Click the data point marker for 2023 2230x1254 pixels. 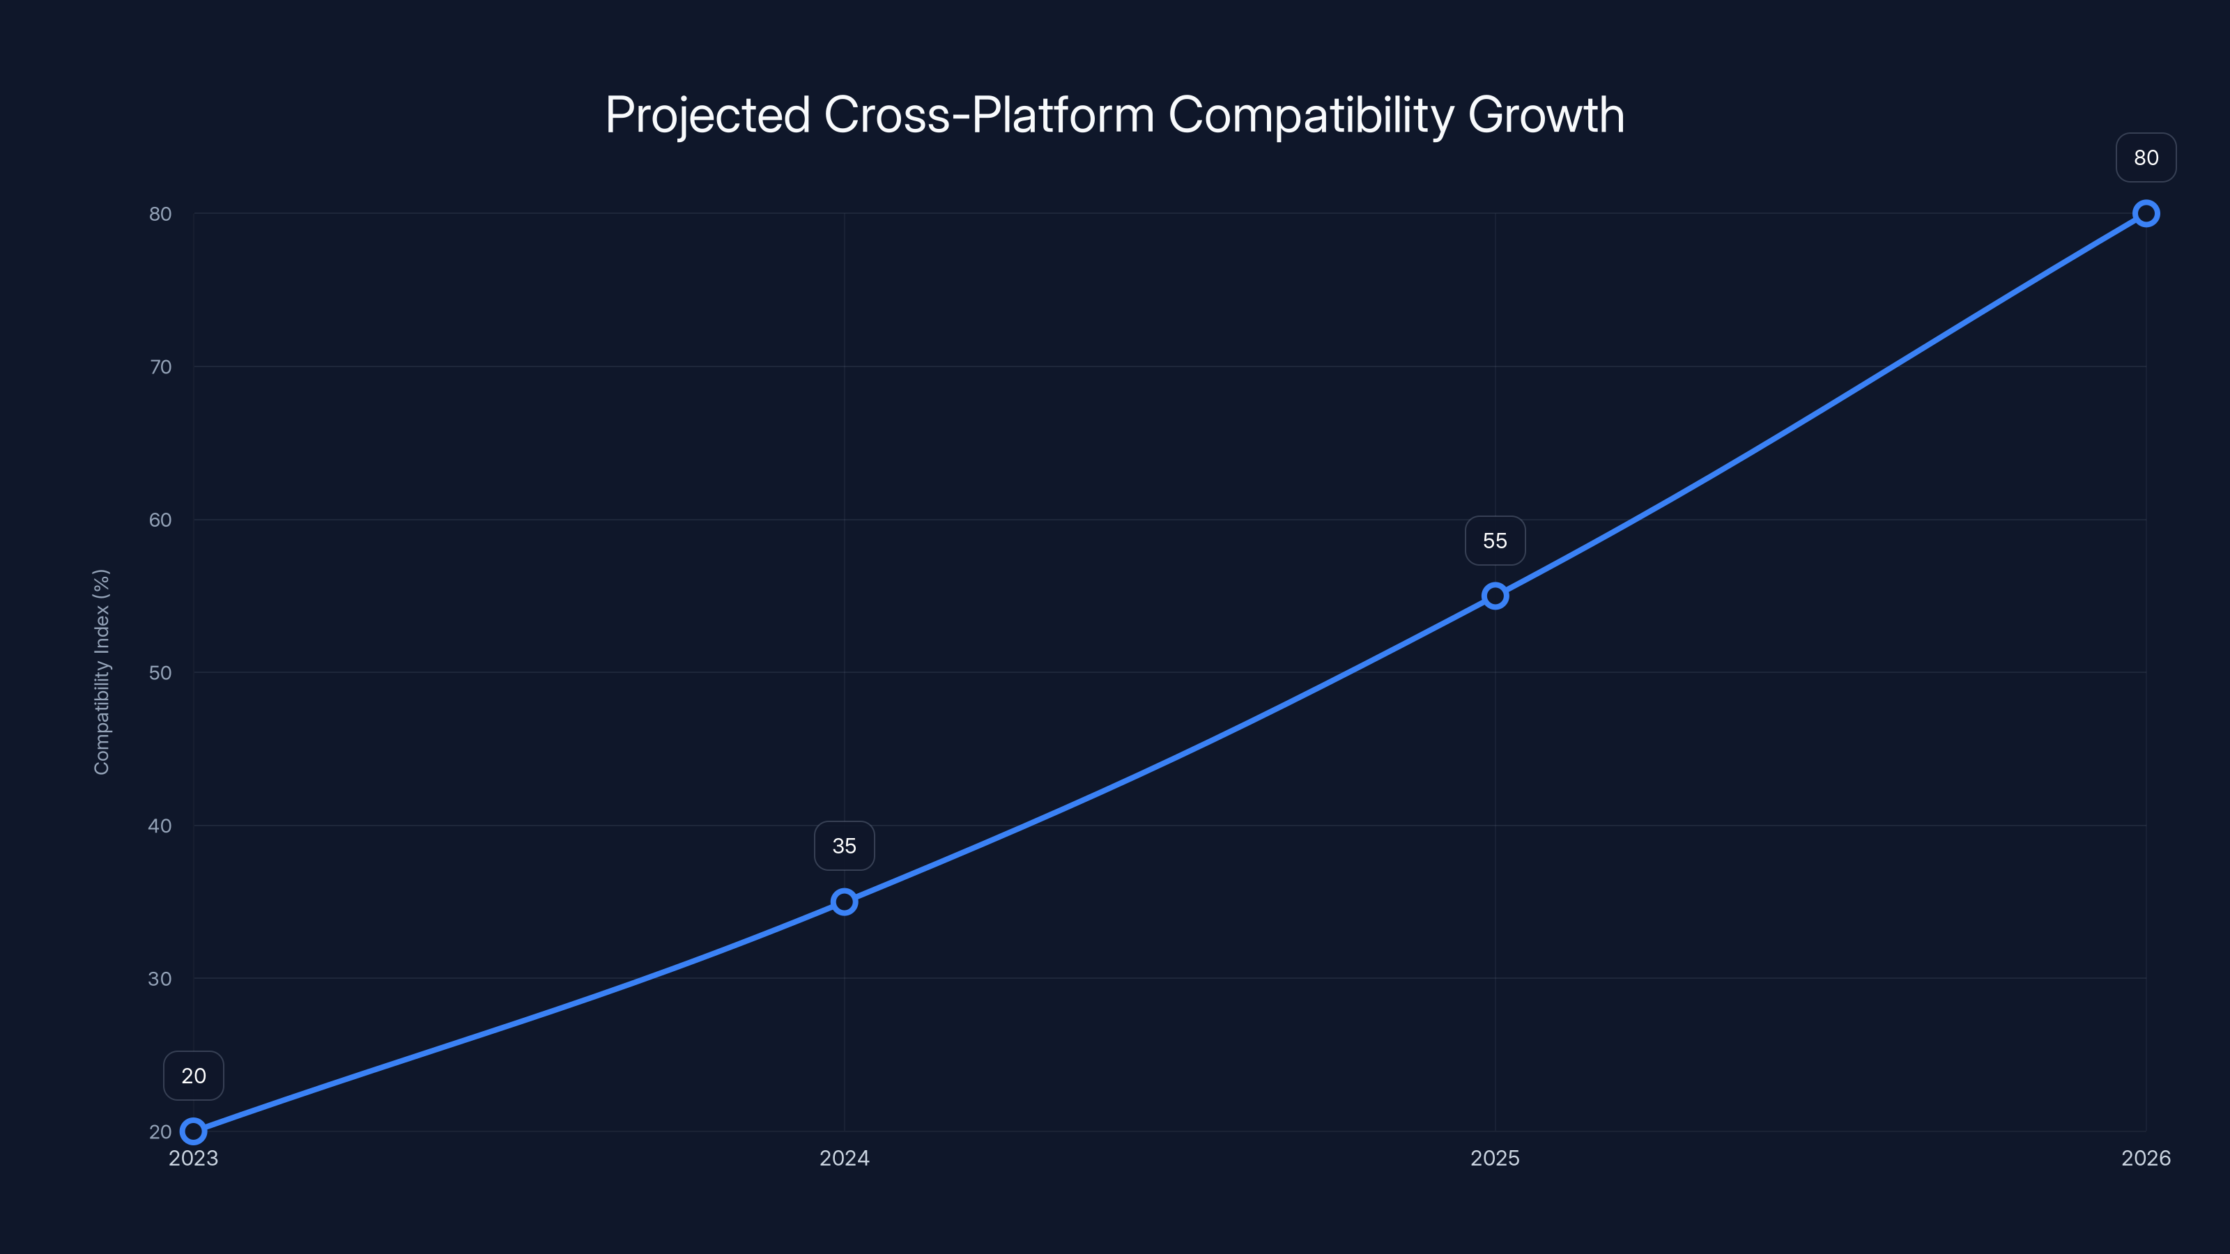pos(193,1131)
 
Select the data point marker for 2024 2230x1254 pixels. pos(844,901)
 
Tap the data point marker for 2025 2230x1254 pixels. pos(1495,596)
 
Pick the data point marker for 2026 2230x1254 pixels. pos(2146,214)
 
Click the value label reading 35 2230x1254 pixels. pos(844,846)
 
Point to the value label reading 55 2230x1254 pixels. pos(1495,541)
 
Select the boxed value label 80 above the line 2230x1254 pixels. pos(2146,157)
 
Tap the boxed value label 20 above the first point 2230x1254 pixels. pos(193,1076)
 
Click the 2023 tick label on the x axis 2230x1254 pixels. pos(193,1158)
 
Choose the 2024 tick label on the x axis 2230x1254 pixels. pos(844,1158)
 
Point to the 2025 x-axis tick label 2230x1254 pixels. pos(1495,1158)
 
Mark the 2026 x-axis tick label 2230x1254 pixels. pos(2146,1158)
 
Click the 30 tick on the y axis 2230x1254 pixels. pos(160,979)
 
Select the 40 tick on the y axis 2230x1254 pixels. pos(160,826)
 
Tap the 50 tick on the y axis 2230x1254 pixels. pos(160,672)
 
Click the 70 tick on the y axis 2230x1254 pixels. pos(160,367)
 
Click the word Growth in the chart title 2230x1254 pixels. pos(1546,115)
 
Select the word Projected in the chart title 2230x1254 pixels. pos(707,115)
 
